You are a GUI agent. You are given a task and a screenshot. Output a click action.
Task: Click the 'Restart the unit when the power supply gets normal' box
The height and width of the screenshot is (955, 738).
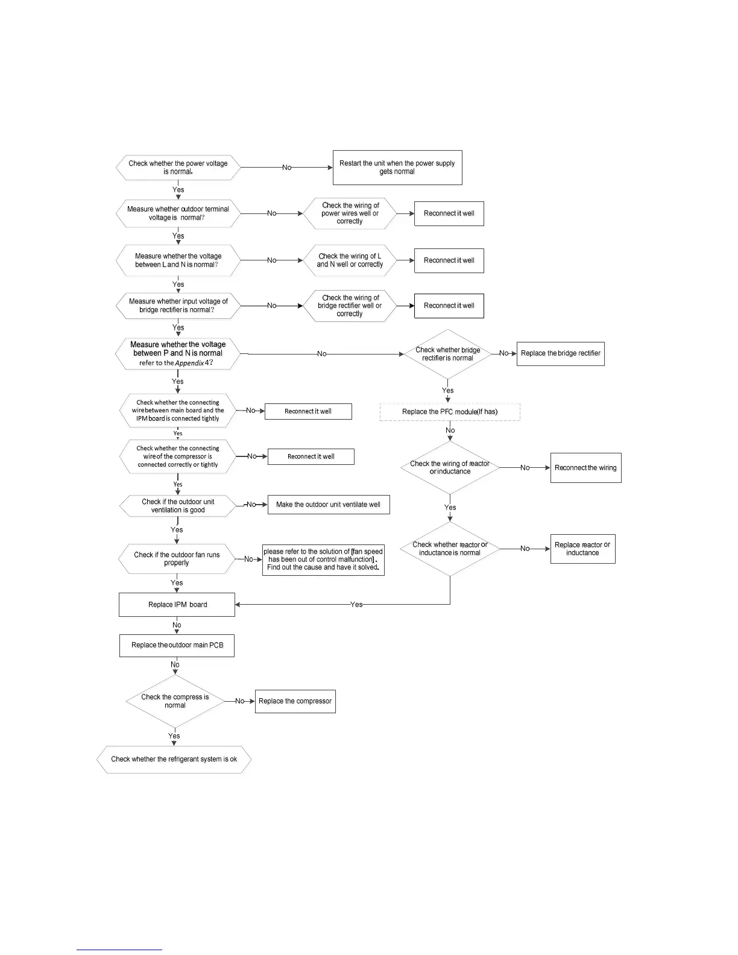397,168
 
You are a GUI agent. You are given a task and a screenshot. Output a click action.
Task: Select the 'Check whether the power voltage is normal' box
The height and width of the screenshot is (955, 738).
178,168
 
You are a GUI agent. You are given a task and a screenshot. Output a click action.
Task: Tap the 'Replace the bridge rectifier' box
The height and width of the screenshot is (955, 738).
560,353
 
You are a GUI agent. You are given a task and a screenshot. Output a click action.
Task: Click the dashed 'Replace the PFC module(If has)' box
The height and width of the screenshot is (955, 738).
450,412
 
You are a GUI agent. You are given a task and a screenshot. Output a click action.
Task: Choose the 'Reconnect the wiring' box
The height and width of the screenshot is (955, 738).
585,468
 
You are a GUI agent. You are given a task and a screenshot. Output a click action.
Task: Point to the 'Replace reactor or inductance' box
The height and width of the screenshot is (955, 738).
582,549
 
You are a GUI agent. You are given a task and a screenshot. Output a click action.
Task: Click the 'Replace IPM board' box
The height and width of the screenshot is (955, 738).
177,605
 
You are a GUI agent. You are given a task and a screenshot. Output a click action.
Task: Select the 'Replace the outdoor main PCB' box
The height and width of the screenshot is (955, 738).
177,645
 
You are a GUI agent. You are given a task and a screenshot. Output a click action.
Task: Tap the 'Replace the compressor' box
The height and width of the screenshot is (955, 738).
295,701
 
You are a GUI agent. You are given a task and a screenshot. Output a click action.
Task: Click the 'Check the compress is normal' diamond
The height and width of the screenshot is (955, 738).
175,701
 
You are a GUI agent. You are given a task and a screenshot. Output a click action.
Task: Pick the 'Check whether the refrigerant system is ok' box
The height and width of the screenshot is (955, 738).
174,760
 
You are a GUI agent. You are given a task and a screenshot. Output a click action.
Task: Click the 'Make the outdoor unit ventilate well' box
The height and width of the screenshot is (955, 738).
329,505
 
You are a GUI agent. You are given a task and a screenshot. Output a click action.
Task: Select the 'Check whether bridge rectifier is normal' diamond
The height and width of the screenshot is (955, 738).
447,354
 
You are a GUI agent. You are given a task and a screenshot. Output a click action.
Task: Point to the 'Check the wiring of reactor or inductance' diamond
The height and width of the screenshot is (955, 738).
450,468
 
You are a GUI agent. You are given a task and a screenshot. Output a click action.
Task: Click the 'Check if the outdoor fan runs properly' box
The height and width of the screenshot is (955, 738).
177,559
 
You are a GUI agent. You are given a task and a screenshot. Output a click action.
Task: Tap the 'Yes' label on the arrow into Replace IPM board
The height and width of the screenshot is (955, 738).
356,605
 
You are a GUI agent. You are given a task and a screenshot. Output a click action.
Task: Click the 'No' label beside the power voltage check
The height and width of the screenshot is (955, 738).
287,168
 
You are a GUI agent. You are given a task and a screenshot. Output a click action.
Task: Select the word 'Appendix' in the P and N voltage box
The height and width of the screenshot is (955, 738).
189,363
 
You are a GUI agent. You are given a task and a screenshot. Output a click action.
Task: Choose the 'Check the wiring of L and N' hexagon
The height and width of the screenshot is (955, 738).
350,260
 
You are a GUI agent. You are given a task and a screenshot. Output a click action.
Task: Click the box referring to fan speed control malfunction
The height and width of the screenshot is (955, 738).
323,559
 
